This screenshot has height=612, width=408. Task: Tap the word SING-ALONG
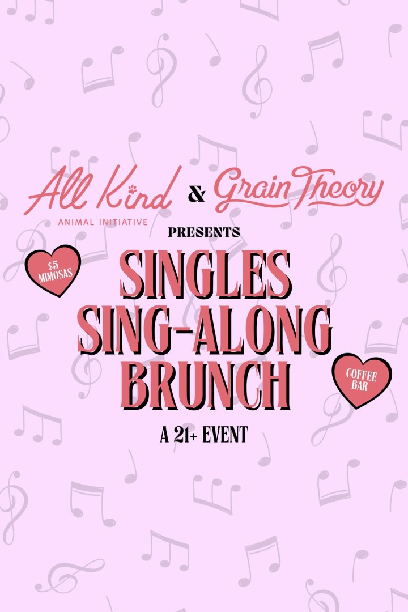tap(205, 330)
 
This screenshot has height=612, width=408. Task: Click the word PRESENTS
tap(204, 232)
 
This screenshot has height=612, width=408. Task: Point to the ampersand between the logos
tap(196, 194)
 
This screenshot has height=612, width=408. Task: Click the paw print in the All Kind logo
tap(132, 189)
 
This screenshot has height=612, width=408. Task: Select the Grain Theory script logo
tap(299, 189)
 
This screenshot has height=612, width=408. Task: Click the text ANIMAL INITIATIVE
tap(103, 222)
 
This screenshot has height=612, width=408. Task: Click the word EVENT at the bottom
tap(226, 435)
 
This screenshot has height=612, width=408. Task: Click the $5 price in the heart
tap(53, 266)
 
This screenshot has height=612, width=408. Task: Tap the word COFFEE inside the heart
tap(362, 375)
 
